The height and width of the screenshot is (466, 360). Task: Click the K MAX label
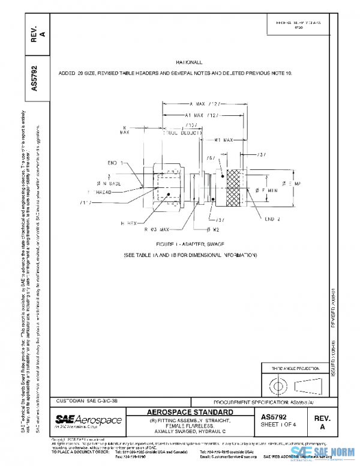[125, 130]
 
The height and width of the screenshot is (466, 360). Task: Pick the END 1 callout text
[116, 163]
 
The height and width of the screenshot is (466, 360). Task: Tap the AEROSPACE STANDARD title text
[191, 412]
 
